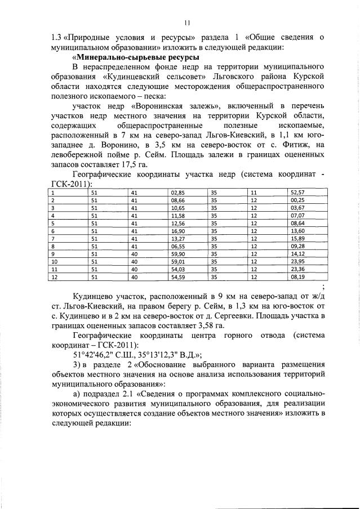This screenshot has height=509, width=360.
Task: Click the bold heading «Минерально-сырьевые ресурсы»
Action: pos(136,57)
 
